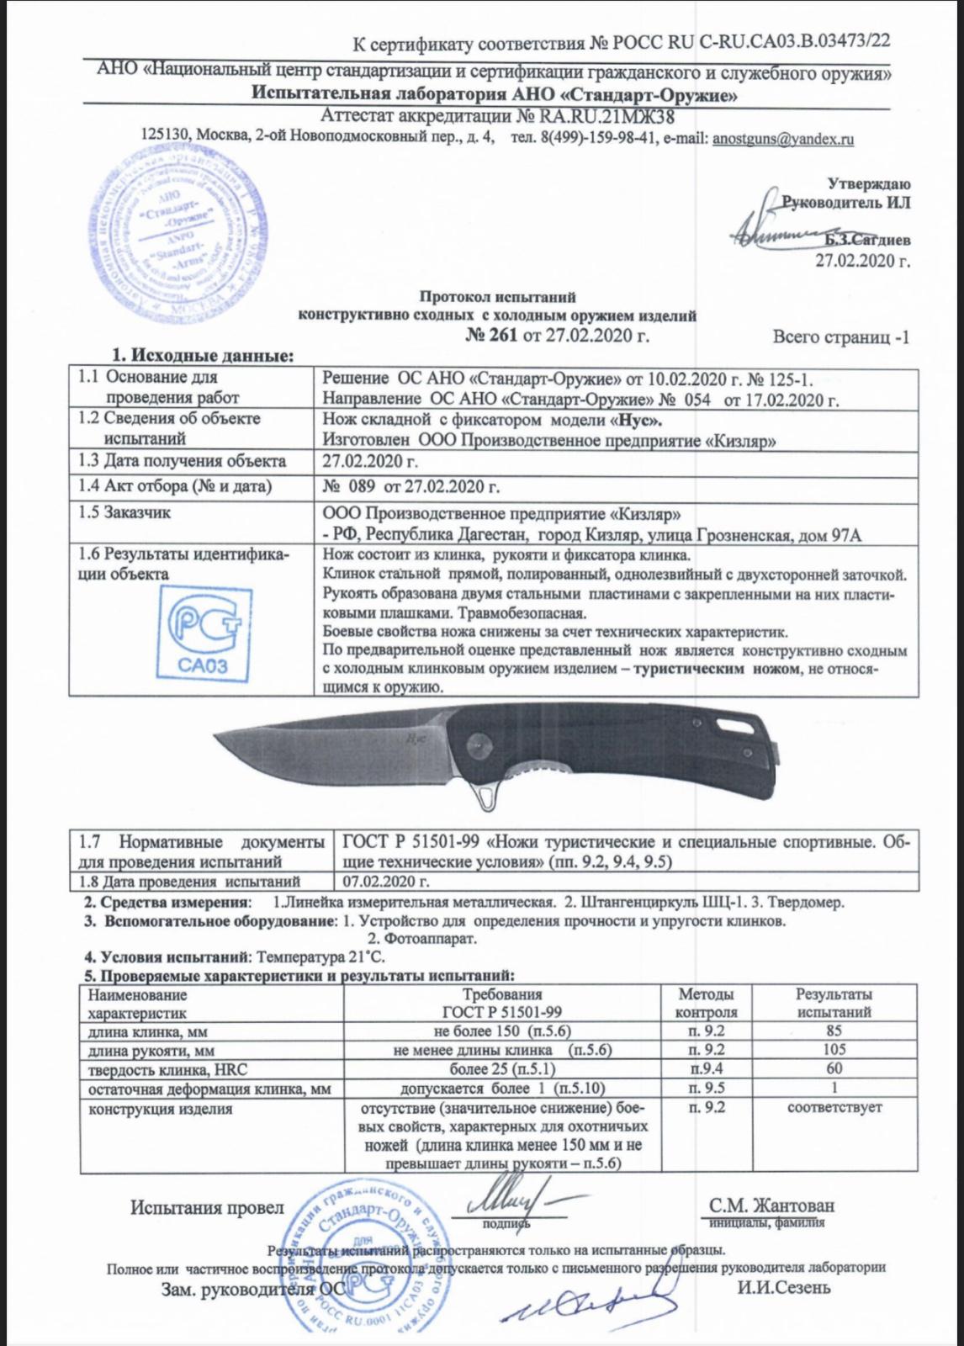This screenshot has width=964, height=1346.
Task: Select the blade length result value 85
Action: click(834, 1031)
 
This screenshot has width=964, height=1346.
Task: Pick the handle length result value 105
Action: click(834, 1049)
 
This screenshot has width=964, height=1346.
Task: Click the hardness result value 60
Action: click(834, 1068)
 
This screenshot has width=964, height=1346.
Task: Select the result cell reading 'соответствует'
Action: click(834, 1107)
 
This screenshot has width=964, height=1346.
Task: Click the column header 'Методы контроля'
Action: click(706, 1004)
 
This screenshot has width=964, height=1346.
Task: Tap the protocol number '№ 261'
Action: click(491, 336)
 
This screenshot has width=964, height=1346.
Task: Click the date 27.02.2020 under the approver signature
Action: click(862, 260)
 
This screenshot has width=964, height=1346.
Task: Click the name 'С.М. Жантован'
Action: click(771, 1206)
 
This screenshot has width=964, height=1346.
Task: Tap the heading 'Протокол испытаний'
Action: click(497, 297)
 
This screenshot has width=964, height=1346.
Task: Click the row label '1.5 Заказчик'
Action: click(124, 512)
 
